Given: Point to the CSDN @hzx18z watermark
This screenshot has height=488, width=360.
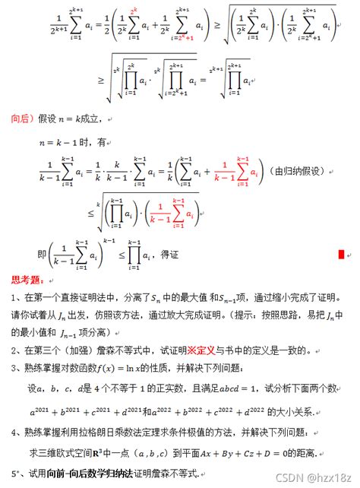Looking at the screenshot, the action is click(320, 477).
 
